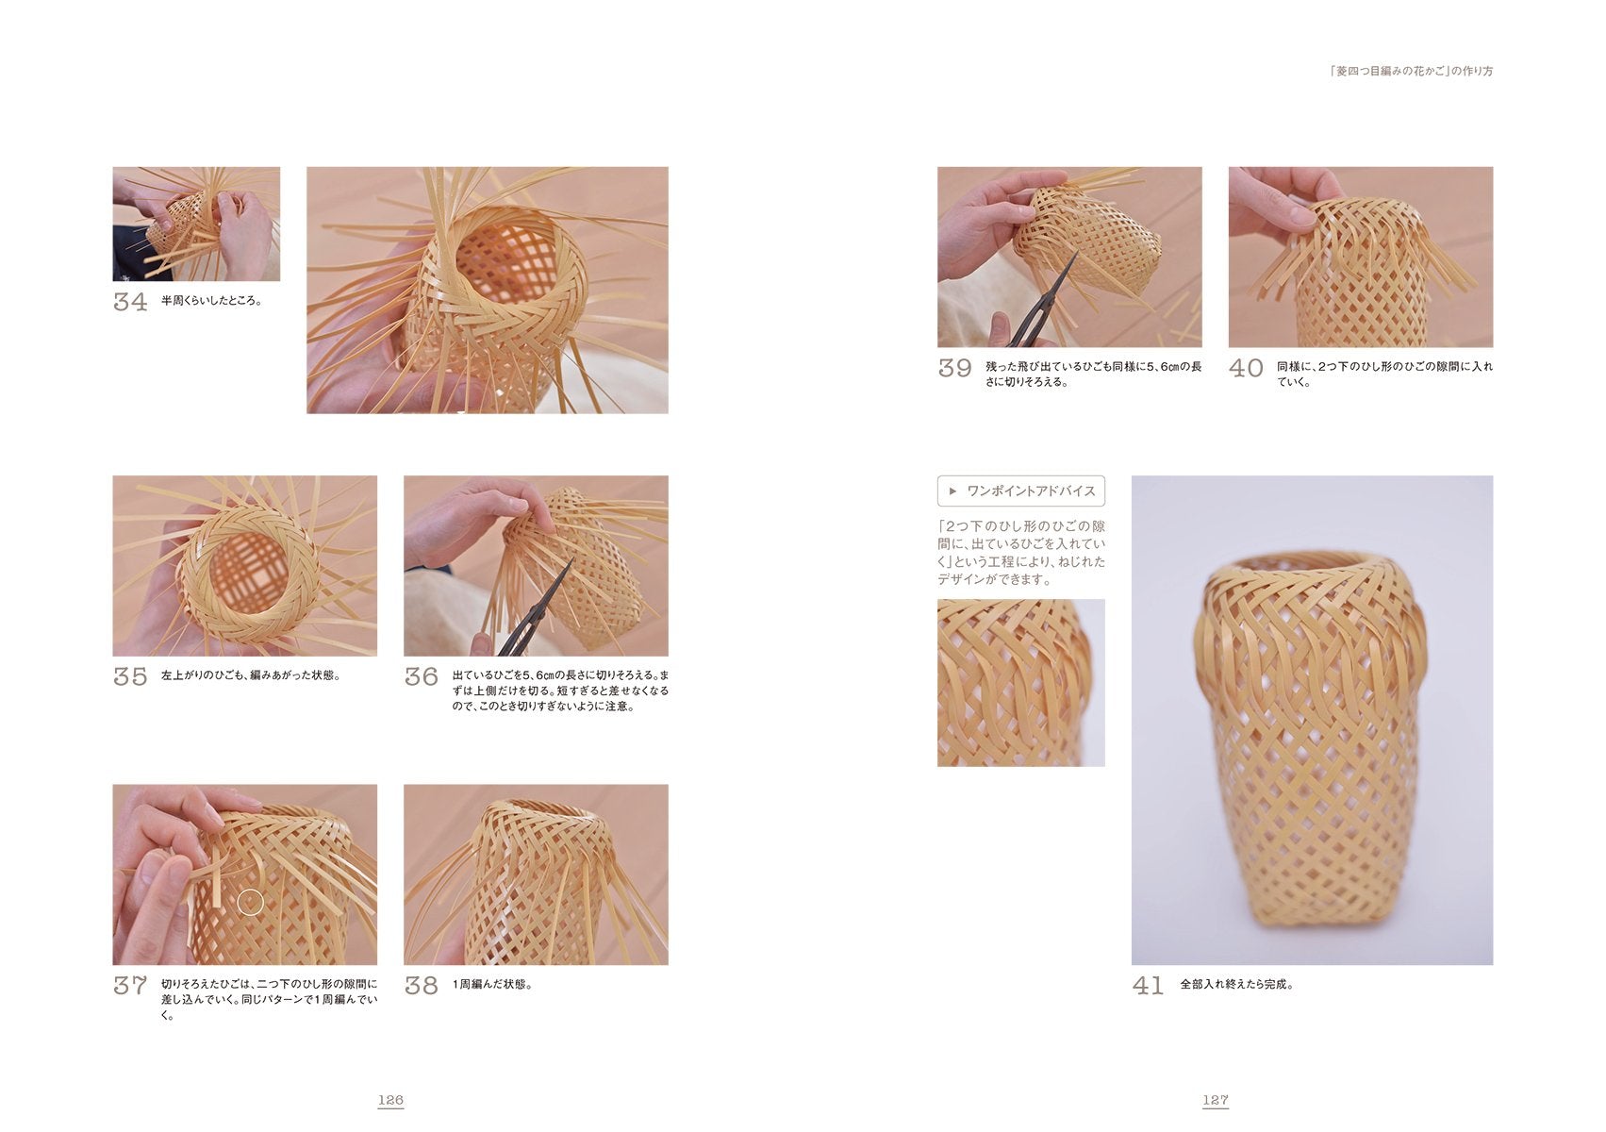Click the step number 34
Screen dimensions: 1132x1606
pos(130,302)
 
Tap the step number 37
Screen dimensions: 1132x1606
pos(130,986)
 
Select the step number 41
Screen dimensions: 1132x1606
pos(1148,986)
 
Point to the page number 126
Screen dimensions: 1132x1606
pos(390,1100)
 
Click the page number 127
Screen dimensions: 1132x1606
pos(1215,1100)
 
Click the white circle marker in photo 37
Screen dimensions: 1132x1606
pos(250,902)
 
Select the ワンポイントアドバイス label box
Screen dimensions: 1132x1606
pos(1020,491)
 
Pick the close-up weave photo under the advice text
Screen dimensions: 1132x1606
pos(1020,682)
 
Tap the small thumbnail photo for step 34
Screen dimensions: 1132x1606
pos(196,224)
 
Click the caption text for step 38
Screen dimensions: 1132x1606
pos(492,985)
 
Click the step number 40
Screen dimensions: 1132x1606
pos(1246,369)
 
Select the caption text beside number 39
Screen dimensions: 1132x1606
pos(1093,374)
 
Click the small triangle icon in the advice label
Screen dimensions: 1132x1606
pos(952,491)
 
